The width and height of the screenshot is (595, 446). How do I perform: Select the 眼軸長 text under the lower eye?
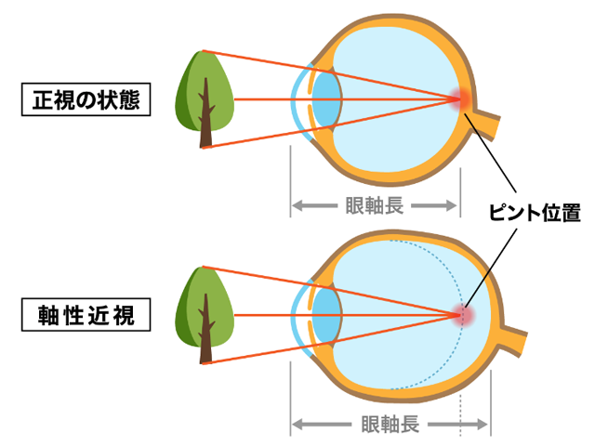(x=390, y=426)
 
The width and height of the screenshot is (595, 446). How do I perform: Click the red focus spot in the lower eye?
(x=463, y=316)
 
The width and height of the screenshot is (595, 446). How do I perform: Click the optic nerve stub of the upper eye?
(x=490, y=124)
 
